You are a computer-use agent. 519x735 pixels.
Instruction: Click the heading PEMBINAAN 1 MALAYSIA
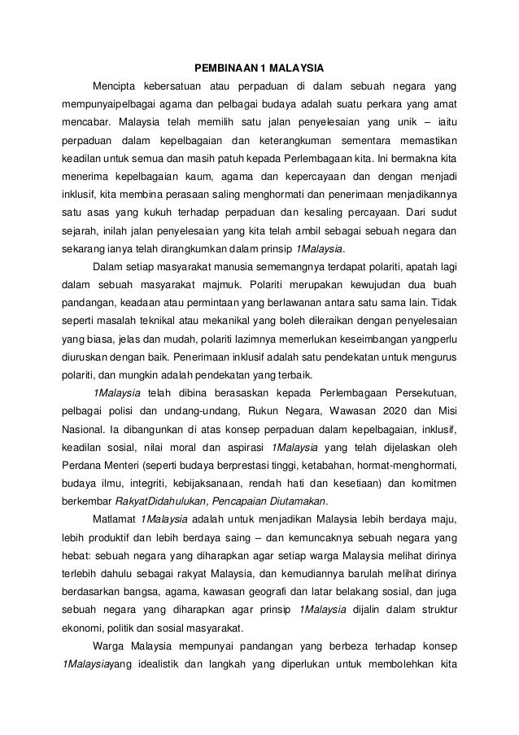coord(259,67)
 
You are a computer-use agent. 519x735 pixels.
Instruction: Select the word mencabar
coord(87,124)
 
